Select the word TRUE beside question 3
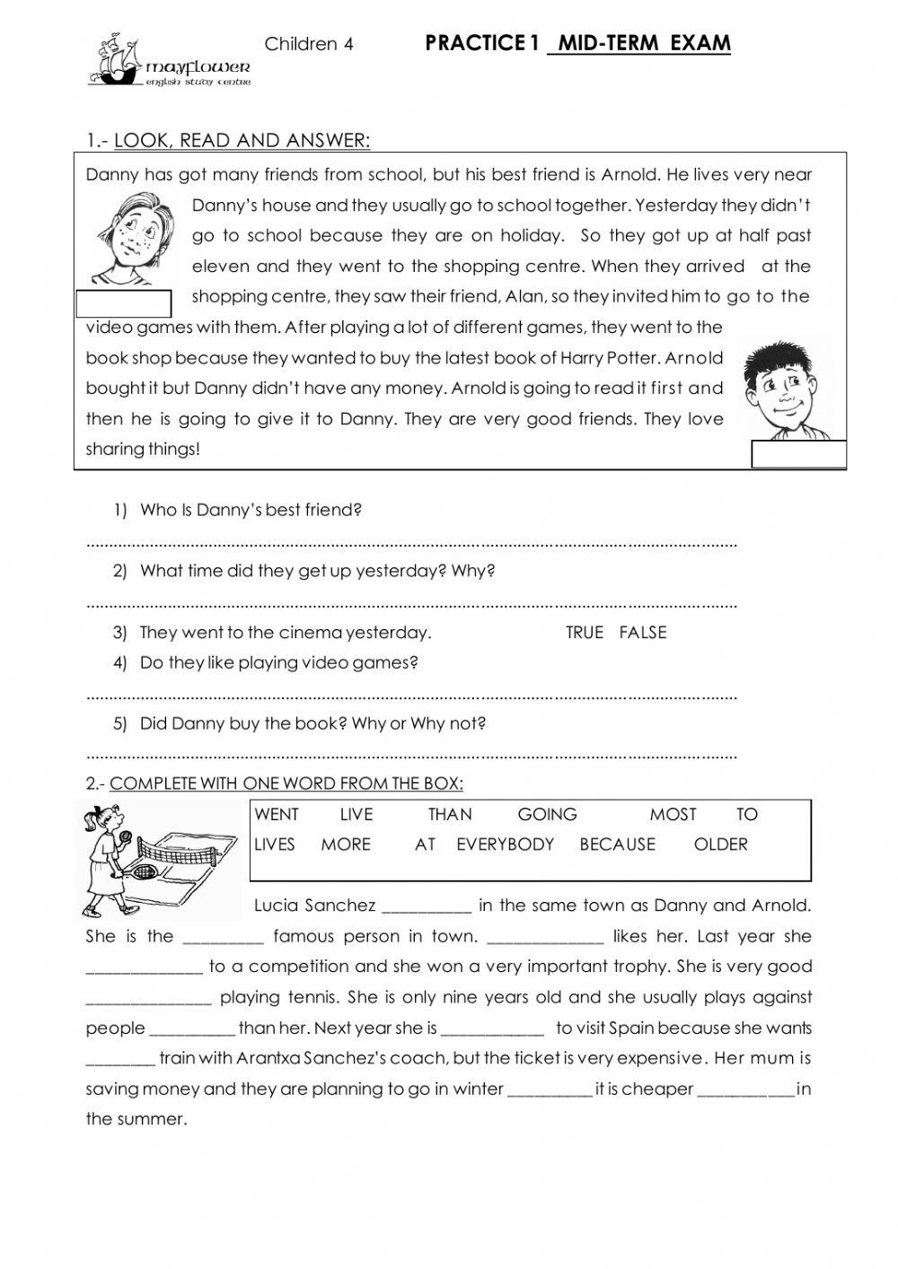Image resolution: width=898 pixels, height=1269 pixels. point(584,633)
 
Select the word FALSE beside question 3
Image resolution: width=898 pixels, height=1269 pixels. point(643,633)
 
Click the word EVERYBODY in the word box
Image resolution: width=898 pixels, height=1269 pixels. point(505,845)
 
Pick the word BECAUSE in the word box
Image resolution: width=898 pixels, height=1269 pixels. point(617,845)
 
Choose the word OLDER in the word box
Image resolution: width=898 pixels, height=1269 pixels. point(720,845)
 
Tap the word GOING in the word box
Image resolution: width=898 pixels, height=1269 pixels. point(547,815)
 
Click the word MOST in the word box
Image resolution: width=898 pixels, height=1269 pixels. point(673,815)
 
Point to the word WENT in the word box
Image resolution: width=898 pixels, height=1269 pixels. point(277,815)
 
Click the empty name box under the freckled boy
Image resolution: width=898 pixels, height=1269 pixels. point(123,304)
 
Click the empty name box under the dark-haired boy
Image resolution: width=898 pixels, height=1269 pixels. point(798,454)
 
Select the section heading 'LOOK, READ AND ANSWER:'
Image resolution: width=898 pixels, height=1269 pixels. point(242,141)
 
